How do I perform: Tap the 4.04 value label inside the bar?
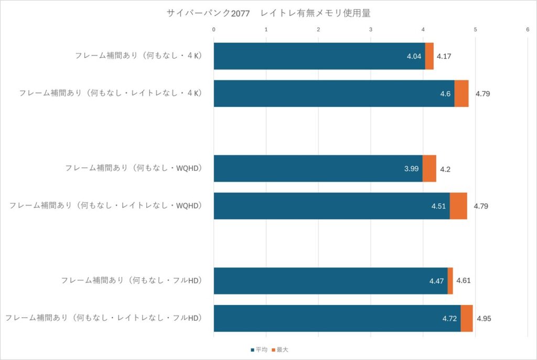(414, 56)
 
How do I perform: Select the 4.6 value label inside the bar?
(446, 94)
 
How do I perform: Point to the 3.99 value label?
(412, 169)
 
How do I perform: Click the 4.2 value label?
(445, 169)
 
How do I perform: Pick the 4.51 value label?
(438, 206)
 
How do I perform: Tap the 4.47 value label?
(436, 281)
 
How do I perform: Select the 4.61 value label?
(464, 281)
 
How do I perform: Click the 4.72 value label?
(449, 318)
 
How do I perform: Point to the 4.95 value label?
(484, 318)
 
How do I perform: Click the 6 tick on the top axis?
(527, 29)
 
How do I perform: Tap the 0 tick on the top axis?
(214, 29)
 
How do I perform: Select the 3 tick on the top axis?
(371, 29)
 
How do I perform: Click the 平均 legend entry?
(260, 349)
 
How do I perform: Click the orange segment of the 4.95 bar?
(466, 318)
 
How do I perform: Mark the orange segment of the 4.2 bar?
(429, 169)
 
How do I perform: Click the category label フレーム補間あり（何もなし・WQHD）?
(134, 168)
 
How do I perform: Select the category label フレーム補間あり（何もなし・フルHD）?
(132, 280)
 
